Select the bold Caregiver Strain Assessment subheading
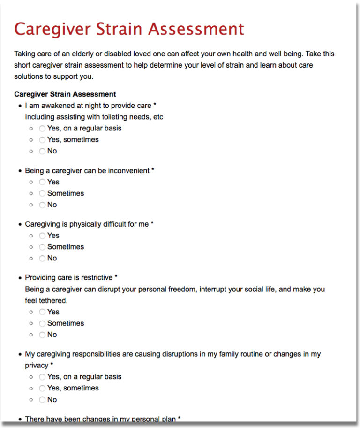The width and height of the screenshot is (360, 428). click(65, 94)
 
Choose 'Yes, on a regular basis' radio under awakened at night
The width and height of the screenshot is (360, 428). click(43, 129)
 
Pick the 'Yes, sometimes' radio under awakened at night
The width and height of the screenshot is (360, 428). click(43, 140)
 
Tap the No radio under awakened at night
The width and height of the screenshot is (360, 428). click(43, 151)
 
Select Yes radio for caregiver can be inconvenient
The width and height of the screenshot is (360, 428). click(43, 182)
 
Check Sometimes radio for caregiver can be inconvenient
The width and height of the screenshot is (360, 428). click(43, 193)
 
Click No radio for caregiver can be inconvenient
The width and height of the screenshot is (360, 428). click(43, 205)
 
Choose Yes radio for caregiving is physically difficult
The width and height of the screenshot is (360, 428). click(43, 236)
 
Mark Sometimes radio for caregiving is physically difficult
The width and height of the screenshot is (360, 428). click(43, 247)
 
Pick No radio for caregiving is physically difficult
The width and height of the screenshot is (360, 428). click(43, 259)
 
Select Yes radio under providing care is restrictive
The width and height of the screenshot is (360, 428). click(43, 312)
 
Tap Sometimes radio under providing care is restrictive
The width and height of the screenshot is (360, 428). click(43, 323)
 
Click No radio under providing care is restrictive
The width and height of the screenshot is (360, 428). click(43, 335)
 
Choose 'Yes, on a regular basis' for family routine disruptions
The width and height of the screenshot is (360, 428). click(43, 377)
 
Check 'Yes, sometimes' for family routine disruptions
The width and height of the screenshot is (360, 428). click(43, 389)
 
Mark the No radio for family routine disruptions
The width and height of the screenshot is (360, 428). click(43, 400)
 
